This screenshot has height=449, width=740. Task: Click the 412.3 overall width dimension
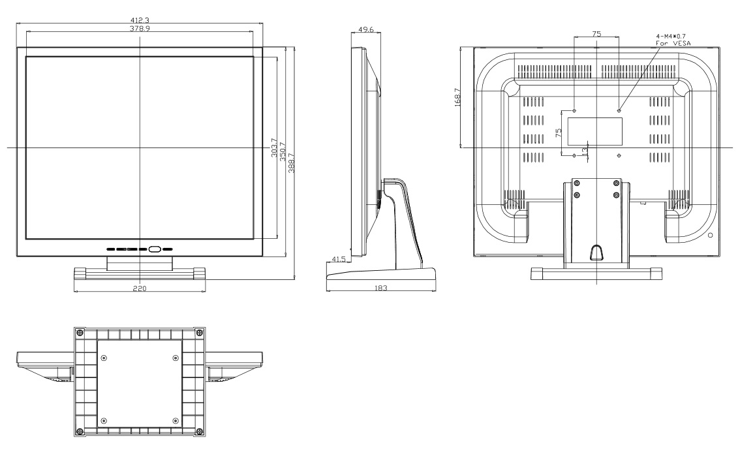[x=138, y=20]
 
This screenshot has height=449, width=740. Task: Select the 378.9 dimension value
[x=138, y=28]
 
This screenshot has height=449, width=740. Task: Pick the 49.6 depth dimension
[x=366, y=29]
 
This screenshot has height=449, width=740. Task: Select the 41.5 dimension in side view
[x=339, y=260]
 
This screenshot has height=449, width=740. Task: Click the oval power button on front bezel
[x=155, y=249]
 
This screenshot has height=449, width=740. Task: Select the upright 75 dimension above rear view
[x=596, y=33]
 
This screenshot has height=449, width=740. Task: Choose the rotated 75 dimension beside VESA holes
[x=559, y=133]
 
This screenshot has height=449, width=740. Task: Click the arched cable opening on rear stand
[x=596, y=252]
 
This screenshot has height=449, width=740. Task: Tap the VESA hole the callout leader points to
[x=619, y=110]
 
